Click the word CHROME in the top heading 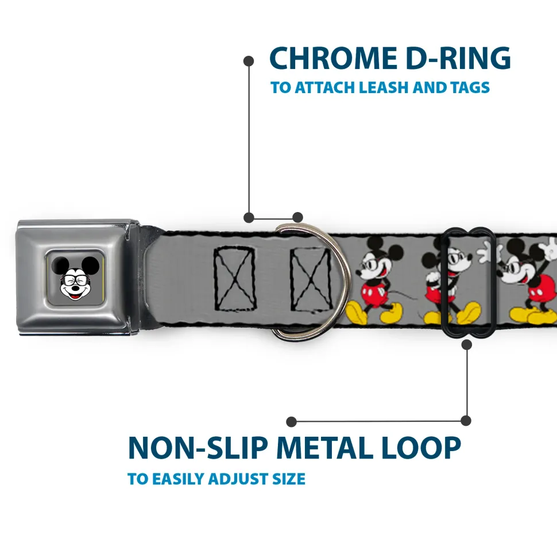click(x=330, y=58)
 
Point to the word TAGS click(x=468, y=88)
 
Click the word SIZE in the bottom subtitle click(x=289, y=479)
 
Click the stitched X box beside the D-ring click(x=310, y=278)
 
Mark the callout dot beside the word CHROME click(x=249, y=60)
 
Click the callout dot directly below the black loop click(x=466, y=344)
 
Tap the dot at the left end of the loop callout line click(x=291, y=422)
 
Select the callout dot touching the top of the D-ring click(x=297, y=217)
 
